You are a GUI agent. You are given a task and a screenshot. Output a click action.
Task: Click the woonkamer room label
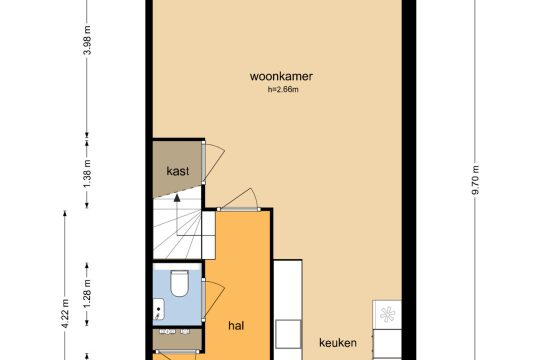coord(281,76)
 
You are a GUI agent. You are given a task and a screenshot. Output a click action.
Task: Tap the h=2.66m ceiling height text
coord(283,90)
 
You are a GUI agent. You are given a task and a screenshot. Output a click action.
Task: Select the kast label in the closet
coord(178,171)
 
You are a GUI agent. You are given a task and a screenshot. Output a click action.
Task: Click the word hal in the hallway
coord(236,326)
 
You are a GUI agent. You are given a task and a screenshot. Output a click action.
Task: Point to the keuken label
coord(338,343)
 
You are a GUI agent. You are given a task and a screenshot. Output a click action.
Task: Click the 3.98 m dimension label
coord(87,40)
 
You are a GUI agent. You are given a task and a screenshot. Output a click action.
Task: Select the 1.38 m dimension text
coord(87,174)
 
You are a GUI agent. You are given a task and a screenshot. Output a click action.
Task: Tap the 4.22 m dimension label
coord(65,314)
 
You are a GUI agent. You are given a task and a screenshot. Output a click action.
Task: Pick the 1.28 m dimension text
coord(87,294)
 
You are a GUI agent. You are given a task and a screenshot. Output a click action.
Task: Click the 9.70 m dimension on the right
coord(476,180)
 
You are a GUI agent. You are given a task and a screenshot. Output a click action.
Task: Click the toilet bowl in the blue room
coord(179,283)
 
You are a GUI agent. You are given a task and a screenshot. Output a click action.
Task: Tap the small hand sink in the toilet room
coord(158,309)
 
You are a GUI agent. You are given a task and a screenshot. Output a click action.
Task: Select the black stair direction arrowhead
coord(177,198)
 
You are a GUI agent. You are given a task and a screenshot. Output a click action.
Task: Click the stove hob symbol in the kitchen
coord(387,315)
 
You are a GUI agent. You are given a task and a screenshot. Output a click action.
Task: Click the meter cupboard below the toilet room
coord(177,339)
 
